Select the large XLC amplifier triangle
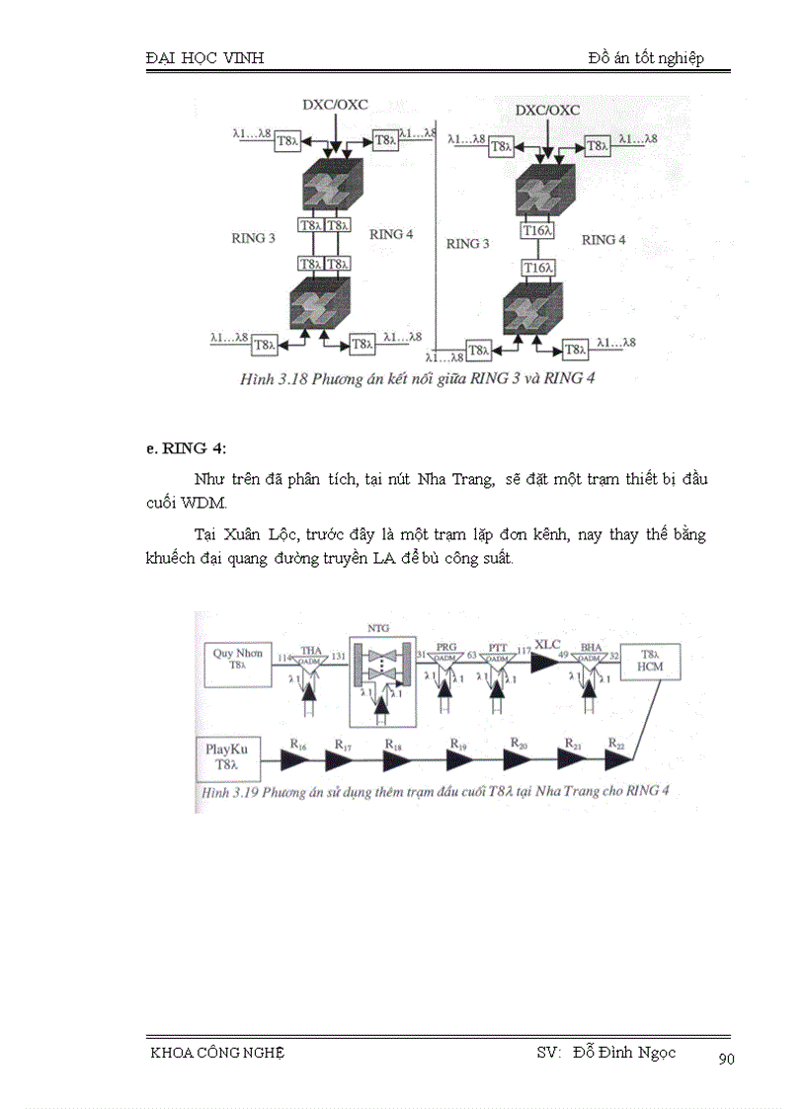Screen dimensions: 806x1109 [544, 661]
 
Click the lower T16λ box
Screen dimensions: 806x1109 [538, 268]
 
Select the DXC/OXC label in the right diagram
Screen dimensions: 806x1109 [547, 110]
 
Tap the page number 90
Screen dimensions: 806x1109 [726, 1059]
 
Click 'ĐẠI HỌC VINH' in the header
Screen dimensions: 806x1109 [204, 58]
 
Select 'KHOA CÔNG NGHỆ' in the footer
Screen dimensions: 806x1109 [215, 1053]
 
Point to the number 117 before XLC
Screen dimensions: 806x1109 [523, 651]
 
